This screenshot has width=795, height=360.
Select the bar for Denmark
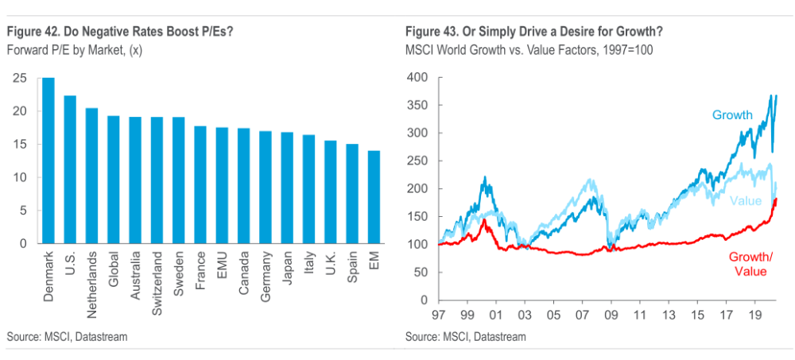click(48, 161)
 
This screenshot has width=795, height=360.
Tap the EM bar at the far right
click(373, 197)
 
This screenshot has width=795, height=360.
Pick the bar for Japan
click(286, 188)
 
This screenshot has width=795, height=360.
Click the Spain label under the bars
click(351, 266)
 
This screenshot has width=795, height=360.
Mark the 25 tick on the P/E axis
click(19, 78)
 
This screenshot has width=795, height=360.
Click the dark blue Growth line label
click(731, 115)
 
